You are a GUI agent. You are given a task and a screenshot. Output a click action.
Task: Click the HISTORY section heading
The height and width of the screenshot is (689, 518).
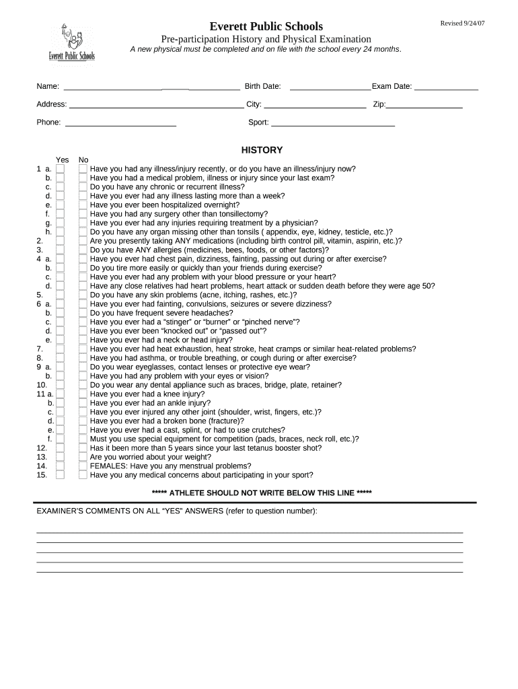(262, 150)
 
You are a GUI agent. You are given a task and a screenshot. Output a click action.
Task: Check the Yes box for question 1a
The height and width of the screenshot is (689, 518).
(61, 169)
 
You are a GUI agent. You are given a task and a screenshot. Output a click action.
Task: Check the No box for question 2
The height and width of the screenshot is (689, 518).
(83, 241)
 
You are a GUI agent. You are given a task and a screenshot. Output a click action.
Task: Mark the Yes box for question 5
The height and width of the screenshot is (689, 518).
(61, 295)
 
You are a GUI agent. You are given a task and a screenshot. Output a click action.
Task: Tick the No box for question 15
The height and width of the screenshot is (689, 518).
(83, 474)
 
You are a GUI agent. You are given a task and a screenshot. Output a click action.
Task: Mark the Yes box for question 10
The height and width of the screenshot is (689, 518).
(61, 385)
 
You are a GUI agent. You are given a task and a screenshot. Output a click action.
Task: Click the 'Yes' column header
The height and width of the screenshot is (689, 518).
(62, 159)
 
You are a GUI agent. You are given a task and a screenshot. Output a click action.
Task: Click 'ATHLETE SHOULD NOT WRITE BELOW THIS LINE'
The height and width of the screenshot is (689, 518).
(262, 493)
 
